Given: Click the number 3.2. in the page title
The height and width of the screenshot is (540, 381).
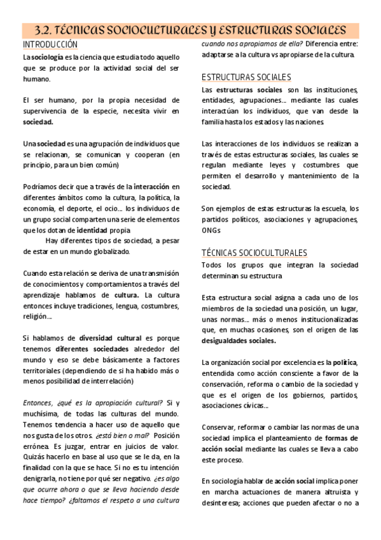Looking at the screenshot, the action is click(x=46, y=30).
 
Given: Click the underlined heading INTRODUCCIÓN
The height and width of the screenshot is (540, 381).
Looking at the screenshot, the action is click(x=50, y=45).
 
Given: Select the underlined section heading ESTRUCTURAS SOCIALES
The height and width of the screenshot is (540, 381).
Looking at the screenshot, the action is click(x=246, y=77).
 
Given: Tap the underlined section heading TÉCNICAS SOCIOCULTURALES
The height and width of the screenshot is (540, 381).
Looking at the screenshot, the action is click(x=254, y=253).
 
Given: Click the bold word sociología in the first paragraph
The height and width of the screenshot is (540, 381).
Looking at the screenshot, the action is click(x=47, y=57).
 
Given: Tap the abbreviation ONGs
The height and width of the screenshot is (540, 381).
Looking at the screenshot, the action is click(x=211, y=230).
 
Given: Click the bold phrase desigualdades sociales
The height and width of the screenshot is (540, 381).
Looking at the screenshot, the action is click(x=239, y=340).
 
